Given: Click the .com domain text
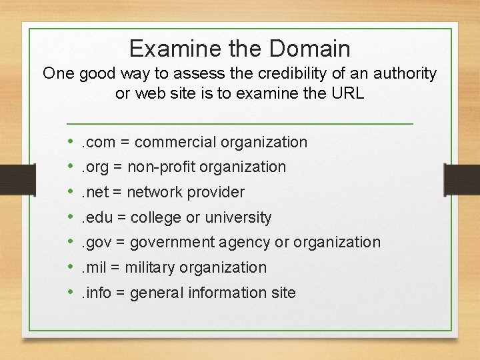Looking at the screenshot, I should tap(98, 142).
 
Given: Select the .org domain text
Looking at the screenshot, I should tap(96, 167).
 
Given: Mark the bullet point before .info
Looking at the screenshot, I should tap(71, 293).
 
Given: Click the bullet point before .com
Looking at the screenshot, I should tap(71, 142).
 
